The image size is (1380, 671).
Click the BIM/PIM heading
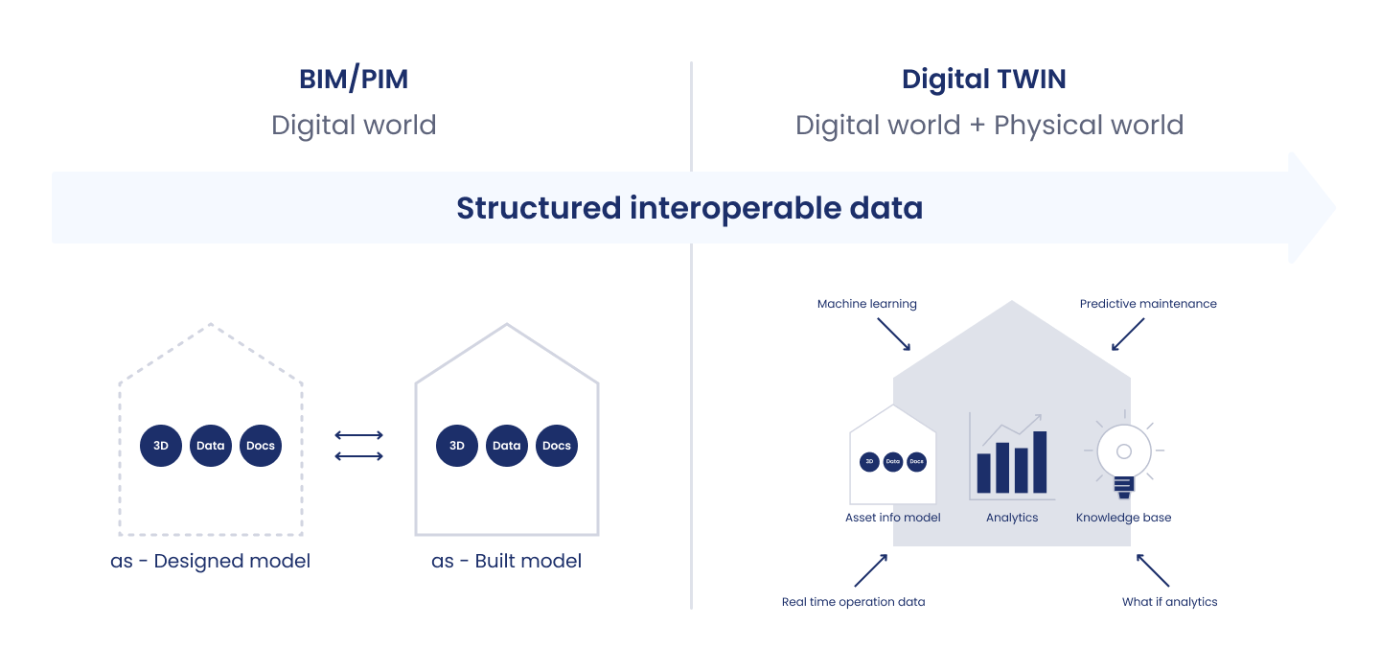(354, 80)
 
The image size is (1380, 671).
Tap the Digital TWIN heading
(983, 80)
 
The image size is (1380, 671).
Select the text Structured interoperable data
(689, 208)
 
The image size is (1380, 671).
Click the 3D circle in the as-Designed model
(161, 446)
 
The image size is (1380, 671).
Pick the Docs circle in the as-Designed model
(261, 446)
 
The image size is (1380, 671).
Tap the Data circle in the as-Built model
(507, 446)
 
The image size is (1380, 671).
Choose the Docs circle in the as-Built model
(557, 446)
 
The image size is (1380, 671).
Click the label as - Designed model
(211, 561)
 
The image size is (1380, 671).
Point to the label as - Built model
(507, 561)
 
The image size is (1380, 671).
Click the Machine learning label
(866, 304)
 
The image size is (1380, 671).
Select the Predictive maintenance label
(1148, 304)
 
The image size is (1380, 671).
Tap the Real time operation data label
(853, 602)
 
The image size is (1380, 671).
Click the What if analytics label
(1169, 602)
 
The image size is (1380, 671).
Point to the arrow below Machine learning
(893, 335)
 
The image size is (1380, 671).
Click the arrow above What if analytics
(1153, 569)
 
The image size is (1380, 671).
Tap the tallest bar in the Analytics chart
(1040, 462)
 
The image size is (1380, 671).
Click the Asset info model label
(892, 518)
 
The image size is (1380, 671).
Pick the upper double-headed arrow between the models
(359, 435)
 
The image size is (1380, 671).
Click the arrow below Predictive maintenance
(1128, 335)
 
